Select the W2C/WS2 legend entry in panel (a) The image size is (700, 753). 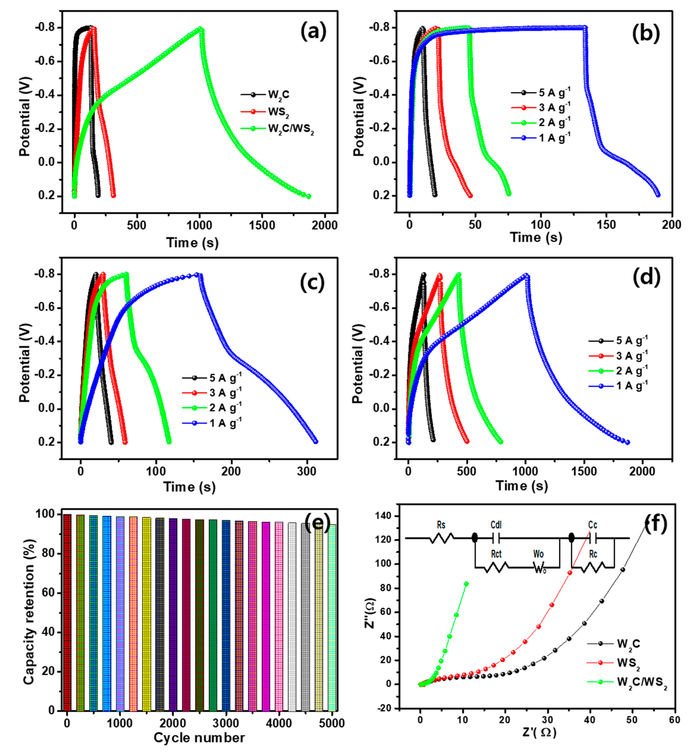click(x=291, y=129)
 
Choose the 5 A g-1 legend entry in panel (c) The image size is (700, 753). click(x=225, y=378)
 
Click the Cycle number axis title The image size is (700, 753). click(x=199, y=738)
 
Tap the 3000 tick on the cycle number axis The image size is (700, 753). click(x=226, y=723)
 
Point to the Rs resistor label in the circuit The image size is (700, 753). click(x=441, y=525)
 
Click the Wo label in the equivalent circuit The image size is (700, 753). click(x=538, y=554)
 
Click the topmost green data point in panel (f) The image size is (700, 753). click(x=466, y=584)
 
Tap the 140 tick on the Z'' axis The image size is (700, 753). click(x=386, y=516)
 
